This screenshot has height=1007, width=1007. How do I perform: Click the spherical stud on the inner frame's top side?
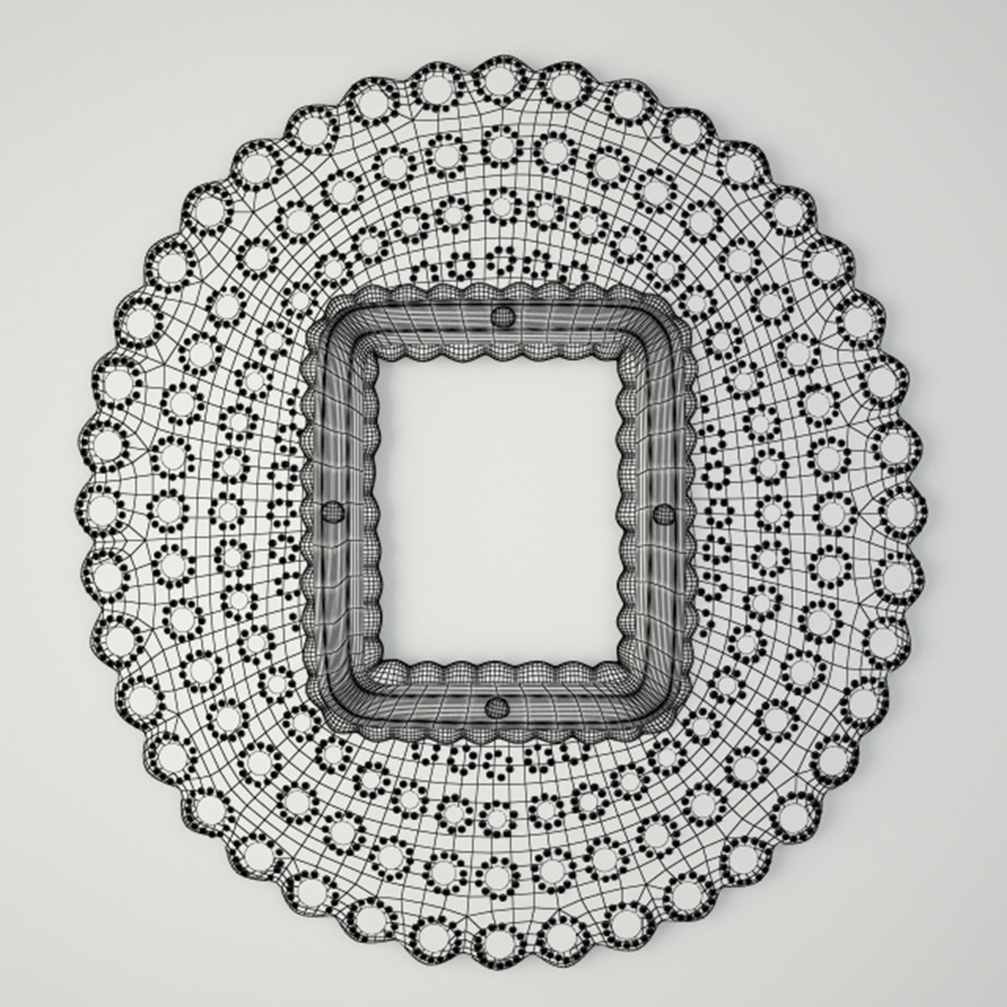pyautogui.click(x=502, y=316)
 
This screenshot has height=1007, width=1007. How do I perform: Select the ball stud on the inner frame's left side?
pyautogui.click(x=334, y=511)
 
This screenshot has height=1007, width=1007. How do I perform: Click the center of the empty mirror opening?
pyautogui.click(x=500, y=510)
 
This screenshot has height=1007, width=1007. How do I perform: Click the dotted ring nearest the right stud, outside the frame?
pyautogui.click(x=718, y=512)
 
